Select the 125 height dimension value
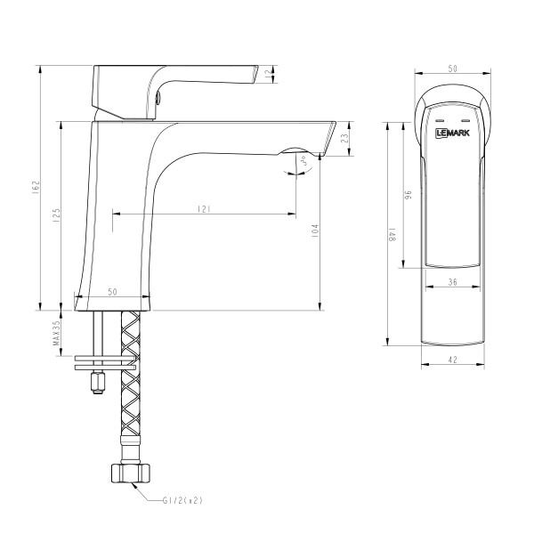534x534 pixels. (x=55, y=214)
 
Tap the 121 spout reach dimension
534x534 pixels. (x=204, y=208)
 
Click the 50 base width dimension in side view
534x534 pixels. (x=113, y=292)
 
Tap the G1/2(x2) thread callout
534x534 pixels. (x=184, y=500)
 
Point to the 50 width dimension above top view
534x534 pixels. (x=452, y=69)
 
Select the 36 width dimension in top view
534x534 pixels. (x=453, y=282)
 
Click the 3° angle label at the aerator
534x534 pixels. (x=304, y=161)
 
